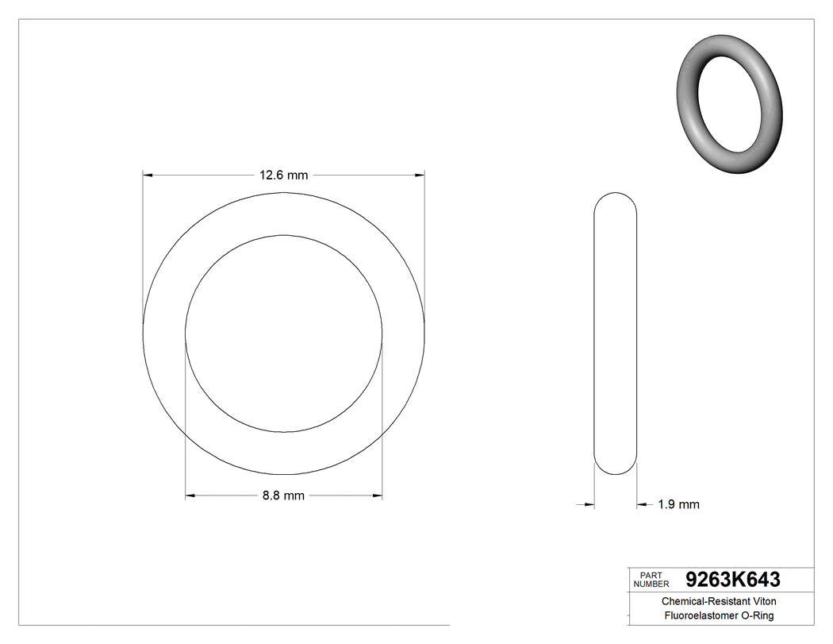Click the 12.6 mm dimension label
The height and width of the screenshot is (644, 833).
pyautogui.click(x=283, y=175)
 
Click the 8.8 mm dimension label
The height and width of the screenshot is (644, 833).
pyautogui.click(x=283, y=496)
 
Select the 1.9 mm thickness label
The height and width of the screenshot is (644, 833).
pyautogui.click(x=678, y=504)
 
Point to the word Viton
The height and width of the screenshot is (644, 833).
pyautogui.click(x=761, y=602)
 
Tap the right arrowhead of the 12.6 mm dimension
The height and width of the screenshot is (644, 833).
pyautogui.click(x=420, y=174)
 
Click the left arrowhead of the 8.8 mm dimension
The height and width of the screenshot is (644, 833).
pyautogui.click(x=190, y=496)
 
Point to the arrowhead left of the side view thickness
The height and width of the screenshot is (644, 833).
pyautogui.click(x=589, y=503)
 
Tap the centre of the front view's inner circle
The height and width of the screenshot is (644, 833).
pyautogui.click(x=284, y=334)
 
